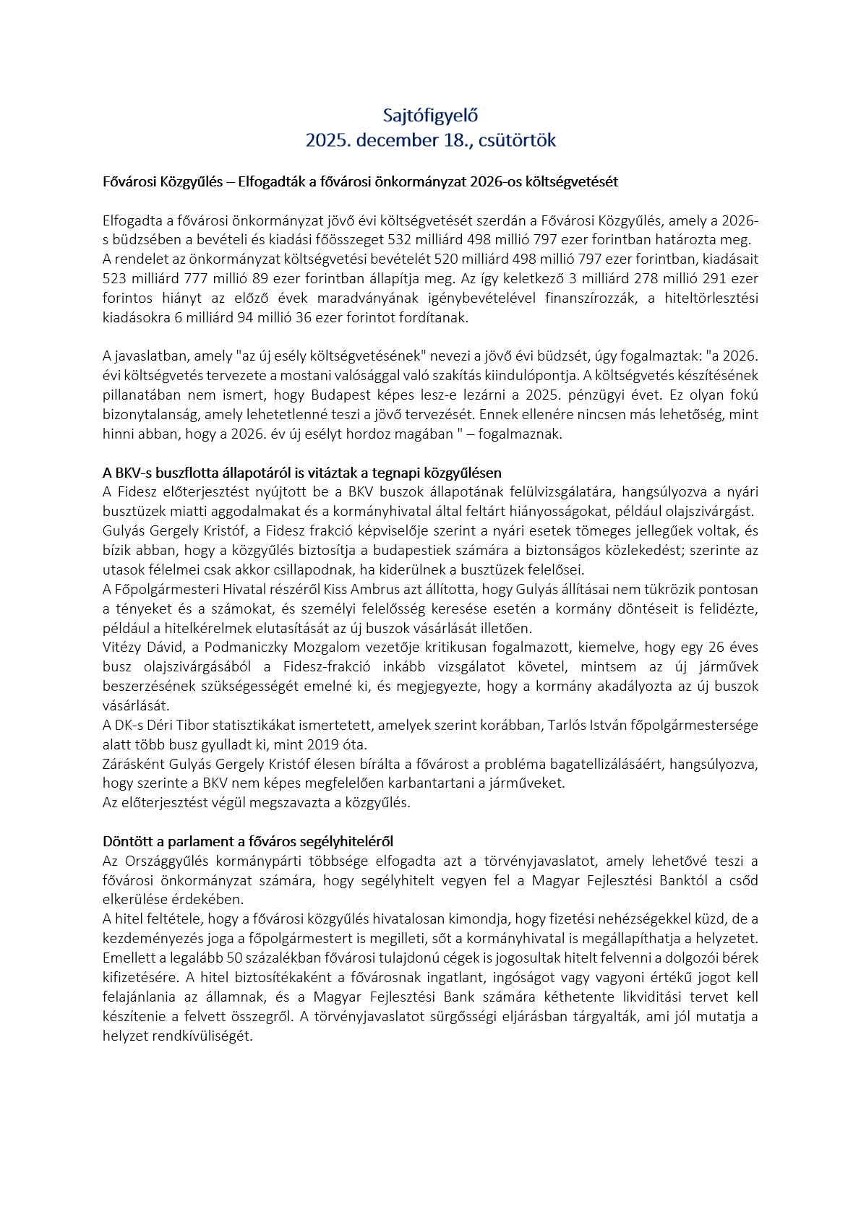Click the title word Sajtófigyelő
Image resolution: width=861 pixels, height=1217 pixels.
(x=430, y=115)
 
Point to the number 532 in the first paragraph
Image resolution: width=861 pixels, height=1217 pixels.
(x=400, y=240)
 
